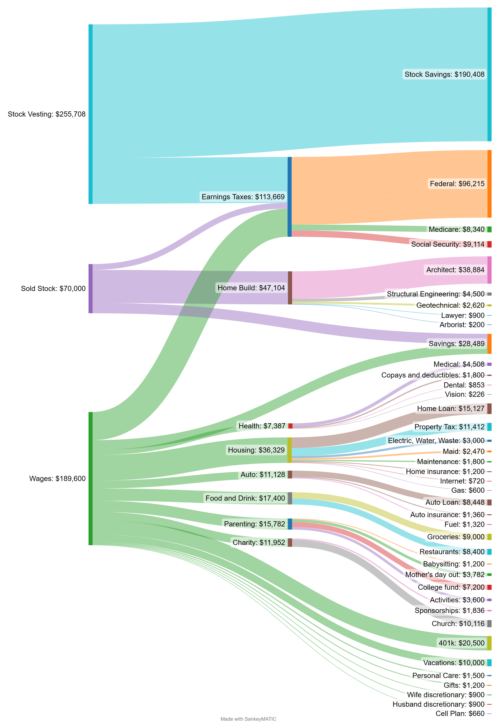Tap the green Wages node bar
pos(91,478)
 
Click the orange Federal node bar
pos(489,184)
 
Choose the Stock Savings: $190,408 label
pos(444,74)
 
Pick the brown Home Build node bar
pos(290,288)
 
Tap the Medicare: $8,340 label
pos(457,230)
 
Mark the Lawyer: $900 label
pos(463,315)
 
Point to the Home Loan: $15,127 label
pos(451,408)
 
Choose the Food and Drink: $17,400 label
pos(245,498)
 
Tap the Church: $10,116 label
pos(458,623)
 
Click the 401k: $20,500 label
pos(462,643)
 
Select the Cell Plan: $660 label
pos(460,713)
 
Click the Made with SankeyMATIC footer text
pos(248,719)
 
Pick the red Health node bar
pos(290,426)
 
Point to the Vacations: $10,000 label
pos(454,663)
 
